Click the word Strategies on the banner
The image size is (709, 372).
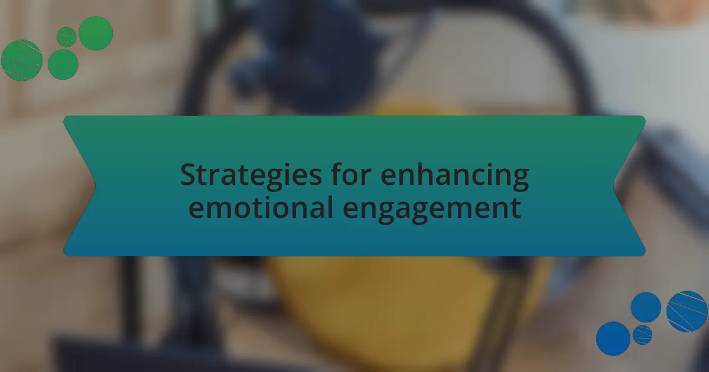click(251, 176)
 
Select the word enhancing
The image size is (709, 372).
click(455, 176)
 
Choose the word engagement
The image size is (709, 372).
click(432, 210)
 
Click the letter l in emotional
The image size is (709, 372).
click(330, 206)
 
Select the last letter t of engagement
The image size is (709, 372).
click(516, 208)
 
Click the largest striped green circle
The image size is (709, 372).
click(22, 60)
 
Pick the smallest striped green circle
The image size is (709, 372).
click(66, 37)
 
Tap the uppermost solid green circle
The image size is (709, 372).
click(96, 33)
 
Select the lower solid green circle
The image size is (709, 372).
click(63, 64)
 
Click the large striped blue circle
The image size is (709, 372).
click(687, 312)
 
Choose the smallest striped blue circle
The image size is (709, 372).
click(643, 335)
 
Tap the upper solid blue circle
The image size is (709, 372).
click(646, 308)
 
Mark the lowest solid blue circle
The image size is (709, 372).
click(613, 338)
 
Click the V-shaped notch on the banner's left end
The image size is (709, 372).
click(95, 186)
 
